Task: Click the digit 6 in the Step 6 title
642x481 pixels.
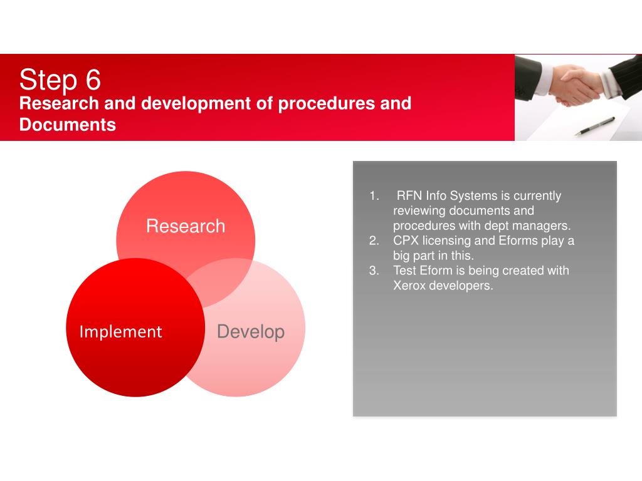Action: (93, 80)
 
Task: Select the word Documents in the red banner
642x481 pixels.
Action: (68, 125)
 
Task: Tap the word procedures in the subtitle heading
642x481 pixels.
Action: (326, 104)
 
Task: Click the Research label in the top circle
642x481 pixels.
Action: (186, 226)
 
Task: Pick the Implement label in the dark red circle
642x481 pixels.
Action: (121, 332)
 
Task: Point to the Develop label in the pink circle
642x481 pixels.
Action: (251, 332)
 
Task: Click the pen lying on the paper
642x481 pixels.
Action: (595, 126)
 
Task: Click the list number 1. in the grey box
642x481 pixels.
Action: (374, 196)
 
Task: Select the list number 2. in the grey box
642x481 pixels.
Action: (374, 240)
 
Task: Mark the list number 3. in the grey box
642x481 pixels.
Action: (374, 271)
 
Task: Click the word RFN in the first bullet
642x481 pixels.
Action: (409, 195)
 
